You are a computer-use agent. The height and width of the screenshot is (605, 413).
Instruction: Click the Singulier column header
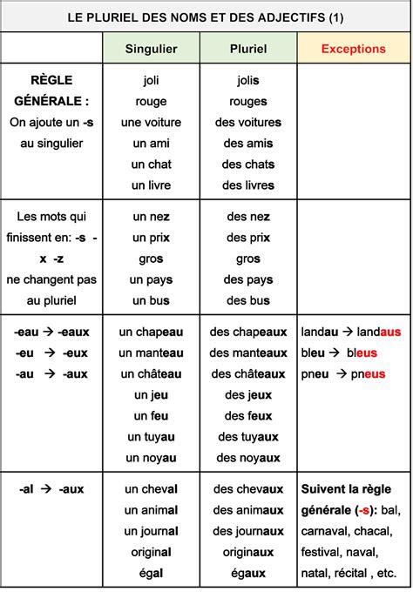(x=151, y=49)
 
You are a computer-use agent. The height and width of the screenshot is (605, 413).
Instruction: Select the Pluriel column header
(x=248, y=49)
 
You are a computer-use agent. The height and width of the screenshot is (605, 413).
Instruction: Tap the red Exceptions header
(x=353, y=49)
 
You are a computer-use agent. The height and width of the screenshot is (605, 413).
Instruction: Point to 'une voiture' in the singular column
(x=151, y=122)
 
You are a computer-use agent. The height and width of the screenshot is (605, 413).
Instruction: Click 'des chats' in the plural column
(x=248, y=164)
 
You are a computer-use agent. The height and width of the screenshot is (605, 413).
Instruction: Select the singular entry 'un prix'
(x=151, y=238)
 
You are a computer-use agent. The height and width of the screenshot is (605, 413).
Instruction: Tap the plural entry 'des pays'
(x=248, y=279)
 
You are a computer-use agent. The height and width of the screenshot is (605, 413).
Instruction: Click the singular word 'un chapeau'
(x=151, y=332)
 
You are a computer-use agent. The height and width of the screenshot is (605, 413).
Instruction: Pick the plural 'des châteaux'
(x=248, y=373)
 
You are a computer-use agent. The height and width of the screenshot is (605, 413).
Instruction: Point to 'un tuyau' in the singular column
(x=151, y=436)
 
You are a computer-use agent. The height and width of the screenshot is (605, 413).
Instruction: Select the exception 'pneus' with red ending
(x=362, y=373)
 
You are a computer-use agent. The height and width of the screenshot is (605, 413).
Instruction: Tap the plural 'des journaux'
(x=248, y=531)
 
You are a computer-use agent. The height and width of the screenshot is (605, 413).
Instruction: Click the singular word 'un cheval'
(x=151, y=489)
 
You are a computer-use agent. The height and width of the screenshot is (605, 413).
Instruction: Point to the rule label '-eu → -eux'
(x=51, y=353)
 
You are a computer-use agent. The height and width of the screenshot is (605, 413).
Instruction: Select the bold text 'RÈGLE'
(x=51, y=80)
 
